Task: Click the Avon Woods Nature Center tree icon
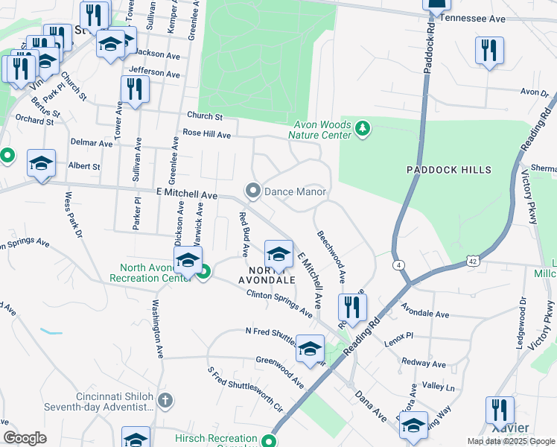pyautogui.click(x=363, y=130)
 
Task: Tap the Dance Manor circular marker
pyautogui.click(x=253, y=191)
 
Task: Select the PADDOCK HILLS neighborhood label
pyautogui.click(x=449, y=170)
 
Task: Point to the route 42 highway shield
pyautogui.click(x=473, y=260)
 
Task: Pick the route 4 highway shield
pyautogui.click(x=399, y=264)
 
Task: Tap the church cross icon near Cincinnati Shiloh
pyautogui.click(x=165, y=401)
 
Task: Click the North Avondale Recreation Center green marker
pyautogui.click(x=202, y=273)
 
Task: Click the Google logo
pyautogui.click(x=25, y=438)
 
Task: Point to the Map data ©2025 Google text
pyautogui.click(x=511, y=441)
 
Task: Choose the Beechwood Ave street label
pyautogui.click(x=332, y=255)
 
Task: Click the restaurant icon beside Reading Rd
pyautogui.click(x=351, y=307)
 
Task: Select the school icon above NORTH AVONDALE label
pyautogui.click(x=278, y=253)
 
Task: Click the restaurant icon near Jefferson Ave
pyautogui.click(x=135, y=89)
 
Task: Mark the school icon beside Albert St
pyautogui.click(x=41, y=162)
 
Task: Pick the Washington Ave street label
pyautogui.click(x=158, y=329)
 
